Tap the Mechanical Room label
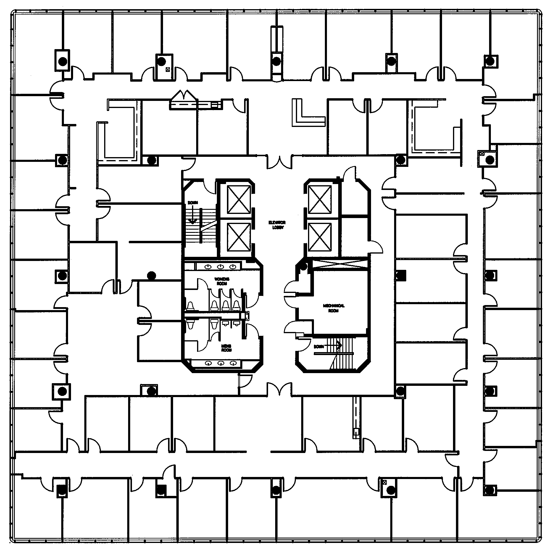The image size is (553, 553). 333,308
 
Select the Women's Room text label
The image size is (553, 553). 222,281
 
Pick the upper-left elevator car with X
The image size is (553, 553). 238,200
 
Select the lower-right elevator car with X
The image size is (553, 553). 319,236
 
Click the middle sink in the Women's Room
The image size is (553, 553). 220,267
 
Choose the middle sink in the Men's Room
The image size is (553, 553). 220,363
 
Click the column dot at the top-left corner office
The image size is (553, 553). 62,62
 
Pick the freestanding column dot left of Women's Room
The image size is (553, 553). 151,275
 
